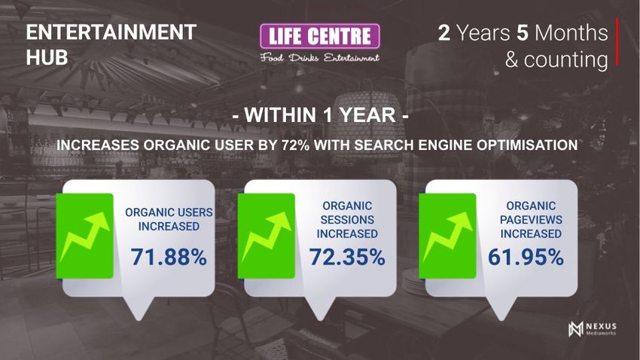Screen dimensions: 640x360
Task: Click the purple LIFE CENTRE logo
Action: click(x=320, y=36)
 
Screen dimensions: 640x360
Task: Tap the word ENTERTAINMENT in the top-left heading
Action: click(x=111, y=32)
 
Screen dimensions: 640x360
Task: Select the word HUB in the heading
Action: click(x=47, y=57)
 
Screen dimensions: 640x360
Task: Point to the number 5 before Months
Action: click(x=523, y=32)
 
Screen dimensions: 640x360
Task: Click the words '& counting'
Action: click(x=556, y=59)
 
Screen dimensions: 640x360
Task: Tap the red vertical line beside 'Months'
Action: click(x=617, y=41)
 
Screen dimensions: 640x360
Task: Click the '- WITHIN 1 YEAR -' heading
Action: click(x=321, y=114)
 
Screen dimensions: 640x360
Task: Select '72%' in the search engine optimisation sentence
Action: click(x=295, y=145)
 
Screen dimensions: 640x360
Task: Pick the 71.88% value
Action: click(x=169, y=257)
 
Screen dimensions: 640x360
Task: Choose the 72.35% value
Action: click(x=347, y=257)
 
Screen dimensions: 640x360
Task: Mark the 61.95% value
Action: click(x=526, y=257)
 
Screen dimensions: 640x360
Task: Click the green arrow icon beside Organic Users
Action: click(x=84, y=236)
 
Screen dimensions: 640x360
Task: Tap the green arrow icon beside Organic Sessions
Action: click(x=266, y=236)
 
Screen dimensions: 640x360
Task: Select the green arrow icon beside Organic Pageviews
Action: click(x=447, y=236)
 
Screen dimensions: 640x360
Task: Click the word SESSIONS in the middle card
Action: click(x=347, y=220)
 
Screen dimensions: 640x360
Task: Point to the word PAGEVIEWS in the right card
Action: click(x=531, y=220)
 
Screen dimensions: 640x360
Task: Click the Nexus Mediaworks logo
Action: click(x=593, y=328)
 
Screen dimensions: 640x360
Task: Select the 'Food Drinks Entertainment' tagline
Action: click(x=320, y=57)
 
